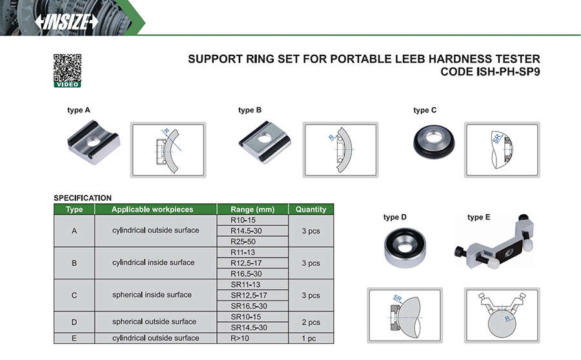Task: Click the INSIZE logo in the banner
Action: tap(66, 22)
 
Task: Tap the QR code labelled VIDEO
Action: tap(67, 71)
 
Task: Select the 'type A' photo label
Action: tap(79, 110)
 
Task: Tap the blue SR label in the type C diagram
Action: tap(497, 138)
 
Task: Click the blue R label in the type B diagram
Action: tap(332, 137)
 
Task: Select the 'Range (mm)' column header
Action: tap(252, 209)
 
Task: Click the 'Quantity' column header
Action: tap(311, 209)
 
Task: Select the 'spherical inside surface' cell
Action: tap(152, 295)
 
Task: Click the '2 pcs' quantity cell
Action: tap(311, 322)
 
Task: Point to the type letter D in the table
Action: tap(74, 322)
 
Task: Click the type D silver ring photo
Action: tap(405, 247)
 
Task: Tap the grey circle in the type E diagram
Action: tap(502, 323)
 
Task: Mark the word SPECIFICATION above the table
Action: tap(83, 198)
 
